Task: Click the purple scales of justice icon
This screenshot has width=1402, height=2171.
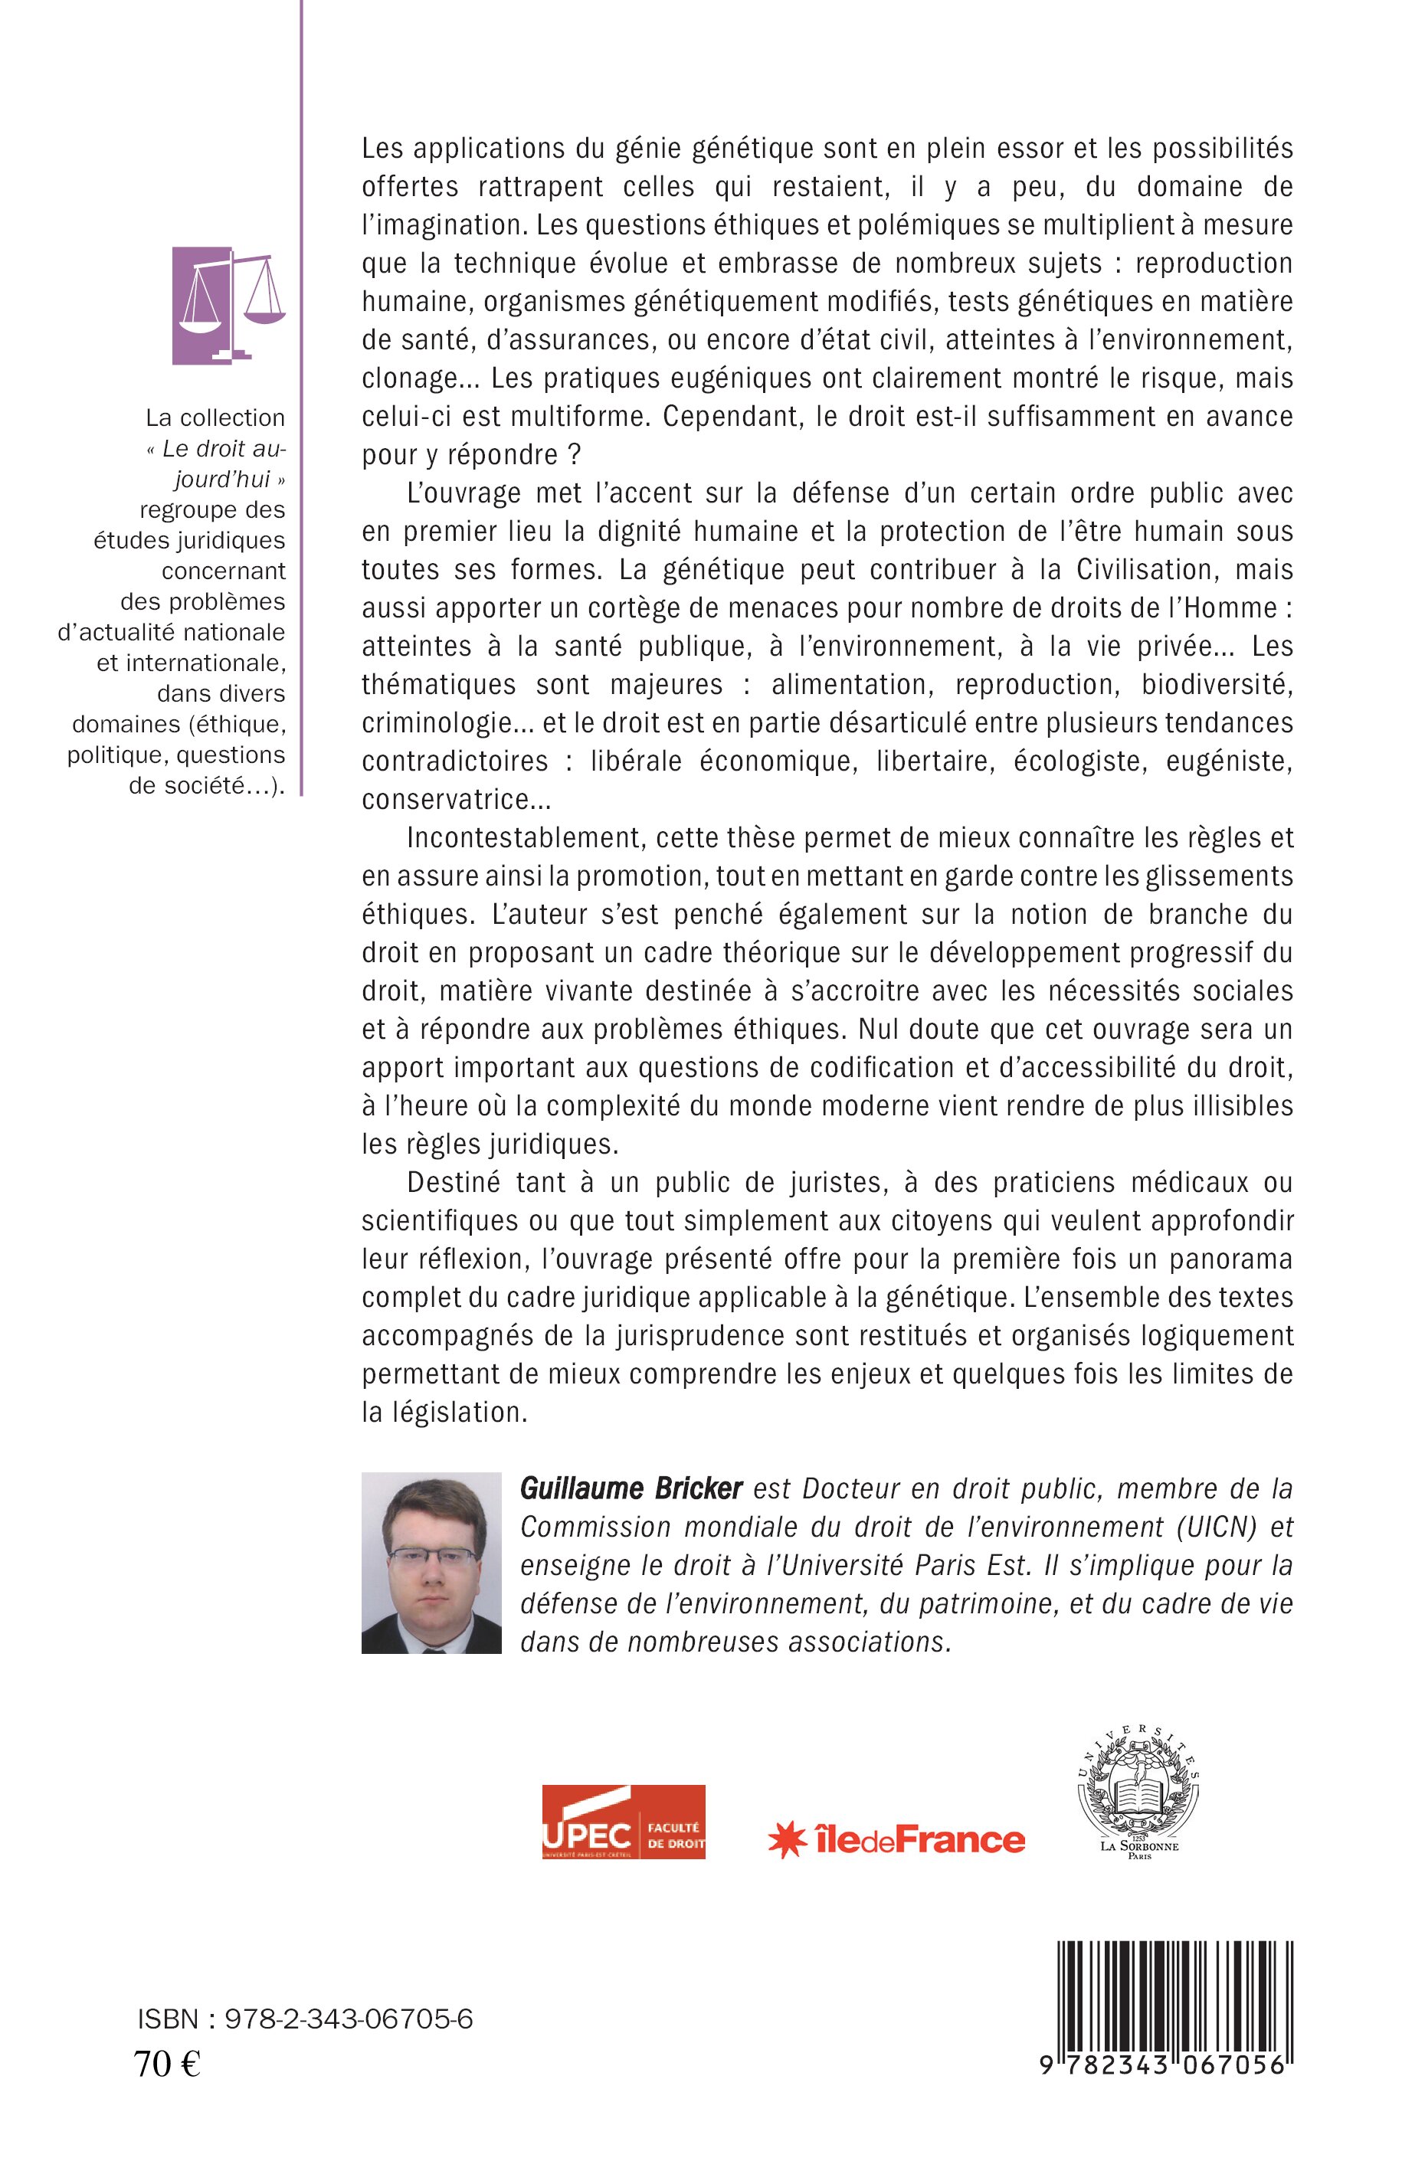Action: click(228, 305)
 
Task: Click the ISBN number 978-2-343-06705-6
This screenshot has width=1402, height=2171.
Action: click(305, 2020)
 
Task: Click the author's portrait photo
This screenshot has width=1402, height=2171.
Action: click(431, 1575)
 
